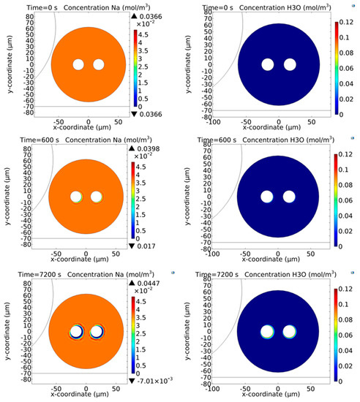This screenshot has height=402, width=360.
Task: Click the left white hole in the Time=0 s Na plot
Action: pyautogui.click(x=78, y=64)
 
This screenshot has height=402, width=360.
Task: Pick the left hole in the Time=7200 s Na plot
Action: pyautogui.click(x=75, y=333)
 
